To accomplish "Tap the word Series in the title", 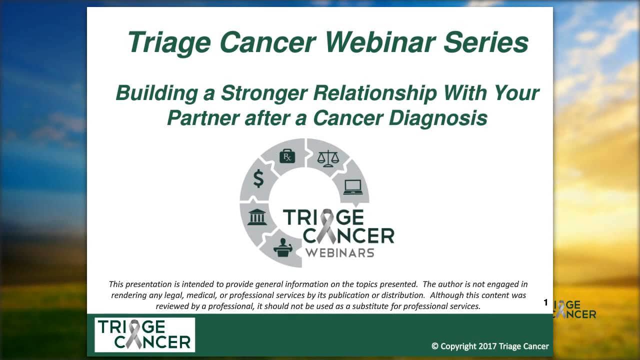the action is pos(485,42).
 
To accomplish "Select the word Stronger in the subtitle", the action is pos(264,93).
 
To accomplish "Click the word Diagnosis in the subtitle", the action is pos(438,118).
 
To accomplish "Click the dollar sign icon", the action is pos(258,178).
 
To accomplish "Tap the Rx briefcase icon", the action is pos(287,156).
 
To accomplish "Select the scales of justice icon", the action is pos(328,158).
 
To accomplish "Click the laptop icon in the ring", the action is pos(353,187).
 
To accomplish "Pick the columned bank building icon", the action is pos(257,217).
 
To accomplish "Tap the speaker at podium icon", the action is pos(283,247).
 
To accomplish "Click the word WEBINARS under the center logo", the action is pos(340,253).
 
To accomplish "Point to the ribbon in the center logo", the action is pos(327,226).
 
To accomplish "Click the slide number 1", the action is pos(545,302).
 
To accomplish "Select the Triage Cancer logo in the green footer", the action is pos(145,335).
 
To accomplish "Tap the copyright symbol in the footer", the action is pos(435,346).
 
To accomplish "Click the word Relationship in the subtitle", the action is pos(375,93).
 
